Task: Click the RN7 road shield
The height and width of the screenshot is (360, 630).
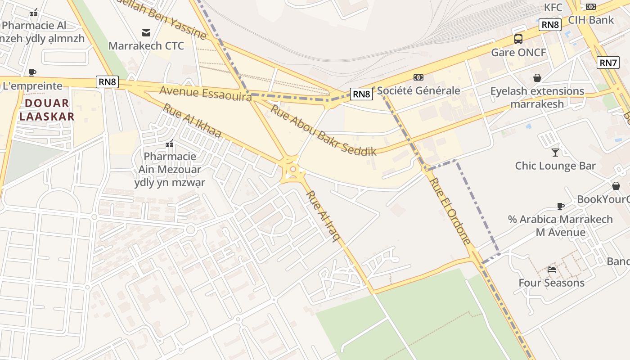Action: coord(608,63)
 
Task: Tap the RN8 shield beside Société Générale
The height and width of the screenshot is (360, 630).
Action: coord(362,94)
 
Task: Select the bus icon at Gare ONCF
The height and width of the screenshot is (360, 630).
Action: coord(518,39)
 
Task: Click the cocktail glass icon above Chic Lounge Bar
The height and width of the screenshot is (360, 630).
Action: coord(555,152)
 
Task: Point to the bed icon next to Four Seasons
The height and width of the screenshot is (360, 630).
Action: coord(552,270)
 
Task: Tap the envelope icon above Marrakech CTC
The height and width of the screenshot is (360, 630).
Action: coord(146,32)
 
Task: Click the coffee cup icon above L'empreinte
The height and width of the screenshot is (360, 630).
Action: coord(32,72)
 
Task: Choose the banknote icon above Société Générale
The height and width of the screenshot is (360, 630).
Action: coord(418,77)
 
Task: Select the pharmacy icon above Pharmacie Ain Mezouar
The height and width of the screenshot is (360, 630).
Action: coord(170,144)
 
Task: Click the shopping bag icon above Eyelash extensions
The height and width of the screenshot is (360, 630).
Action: coord(537,78)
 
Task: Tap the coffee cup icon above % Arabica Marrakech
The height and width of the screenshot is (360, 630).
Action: coord(560,206)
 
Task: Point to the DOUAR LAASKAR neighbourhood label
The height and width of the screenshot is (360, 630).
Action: coord(47,110)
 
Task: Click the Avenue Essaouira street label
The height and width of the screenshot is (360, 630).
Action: coord(205,94)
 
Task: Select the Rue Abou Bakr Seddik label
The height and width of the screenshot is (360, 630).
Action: coord(323,130)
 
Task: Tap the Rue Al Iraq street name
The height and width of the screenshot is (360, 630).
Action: coord(322,216)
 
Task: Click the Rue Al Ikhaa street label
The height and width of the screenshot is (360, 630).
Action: coord(192,121)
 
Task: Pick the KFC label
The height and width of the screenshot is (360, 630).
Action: coord(553,8)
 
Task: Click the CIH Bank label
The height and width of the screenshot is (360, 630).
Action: coord(591,20)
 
